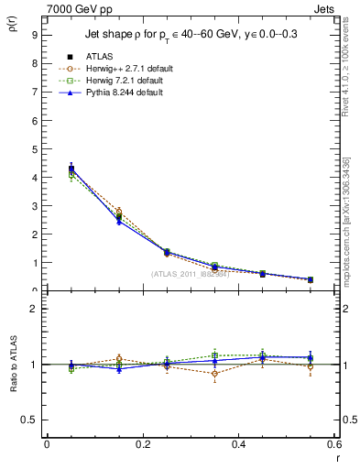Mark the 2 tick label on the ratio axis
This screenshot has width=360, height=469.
pos(34,309)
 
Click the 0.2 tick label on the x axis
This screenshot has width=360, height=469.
pos(142,445)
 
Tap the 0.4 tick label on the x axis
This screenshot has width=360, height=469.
pos(238,445)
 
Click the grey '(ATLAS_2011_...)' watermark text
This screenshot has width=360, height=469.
pos(190,274)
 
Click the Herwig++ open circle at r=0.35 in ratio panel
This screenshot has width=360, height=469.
pos(214,374)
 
